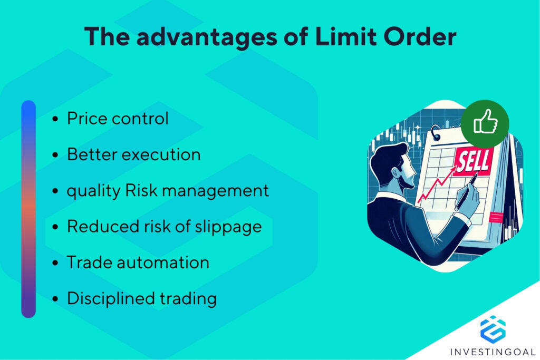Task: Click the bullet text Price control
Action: click(x=118, y=119)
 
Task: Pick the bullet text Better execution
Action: click(x=133, y=154)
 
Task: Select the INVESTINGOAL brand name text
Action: click(x=493, y=351)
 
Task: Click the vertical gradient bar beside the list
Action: click(x=28, y=209)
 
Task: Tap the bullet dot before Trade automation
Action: click(x=55, y=263)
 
